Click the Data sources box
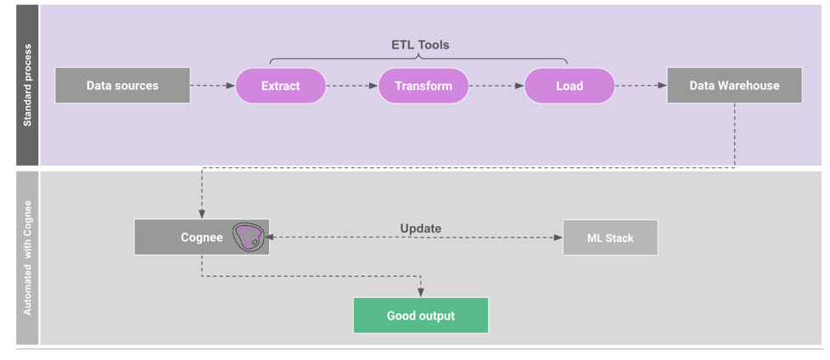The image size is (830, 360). (x=122, y=86)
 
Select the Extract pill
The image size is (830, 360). (x=280, y=86)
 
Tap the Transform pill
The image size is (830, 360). (x=423, y=86)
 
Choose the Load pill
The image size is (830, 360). (x=569, y=86)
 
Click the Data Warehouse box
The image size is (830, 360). (x=734, y=86)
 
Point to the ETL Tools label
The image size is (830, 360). (x=420, y=45)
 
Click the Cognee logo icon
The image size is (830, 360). (x=249, y=237)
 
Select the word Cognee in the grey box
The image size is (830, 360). (x=202, y=238)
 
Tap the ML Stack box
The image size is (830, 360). (x=609, y=238)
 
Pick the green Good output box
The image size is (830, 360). (x=420, y=316)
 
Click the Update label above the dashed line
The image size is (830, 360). (x=420, y=228)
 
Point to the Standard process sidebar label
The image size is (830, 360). (x=27, y=85)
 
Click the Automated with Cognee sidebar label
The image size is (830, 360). (x=27, y=258)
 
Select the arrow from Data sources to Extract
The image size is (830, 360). (x=212, y=86)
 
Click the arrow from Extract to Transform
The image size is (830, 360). (x=351, y=86)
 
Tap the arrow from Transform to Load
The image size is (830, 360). (x=496, y=86)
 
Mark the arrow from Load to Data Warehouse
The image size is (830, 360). (x=641, y=86)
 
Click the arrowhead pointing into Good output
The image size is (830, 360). (x=420, y=293)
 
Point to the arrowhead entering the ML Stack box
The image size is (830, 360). (x=558, y=238)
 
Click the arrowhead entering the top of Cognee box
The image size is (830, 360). (x=202, y=214)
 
